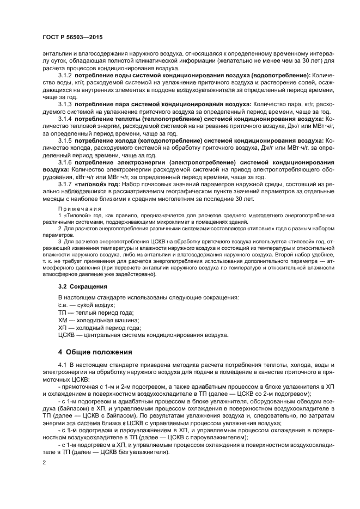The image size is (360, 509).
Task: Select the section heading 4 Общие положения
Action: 95,352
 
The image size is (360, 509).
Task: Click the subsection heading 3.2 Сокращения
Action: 82,286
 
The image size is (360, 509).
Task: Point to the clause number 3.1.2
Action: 65,75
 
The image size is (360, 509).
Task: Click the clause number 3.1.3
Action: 65,103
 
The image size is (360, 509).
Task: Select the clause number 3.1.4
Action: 65,118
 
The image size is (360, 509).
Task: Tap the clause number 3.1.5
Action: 65,140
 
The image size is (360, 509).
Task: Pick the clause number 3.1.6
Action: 65,162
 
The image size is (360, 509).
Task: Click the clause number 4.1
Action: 62,364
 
